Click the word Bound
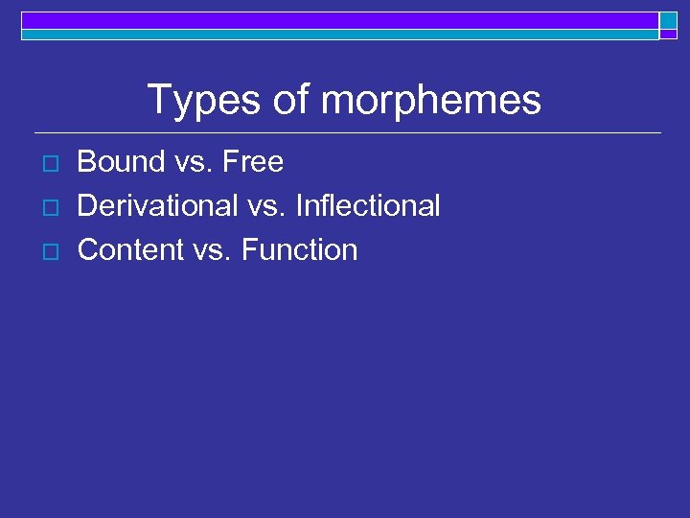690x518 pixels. pos(121,162)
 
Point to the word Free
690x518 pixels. pos(253,162)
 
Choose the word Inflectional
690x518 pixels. pos(368,205)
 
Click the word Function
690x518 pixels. pos(299,249)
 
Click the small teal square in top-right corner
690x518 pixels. pos(668,20)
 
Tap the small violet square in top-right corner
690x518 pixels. pos(668,34)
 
